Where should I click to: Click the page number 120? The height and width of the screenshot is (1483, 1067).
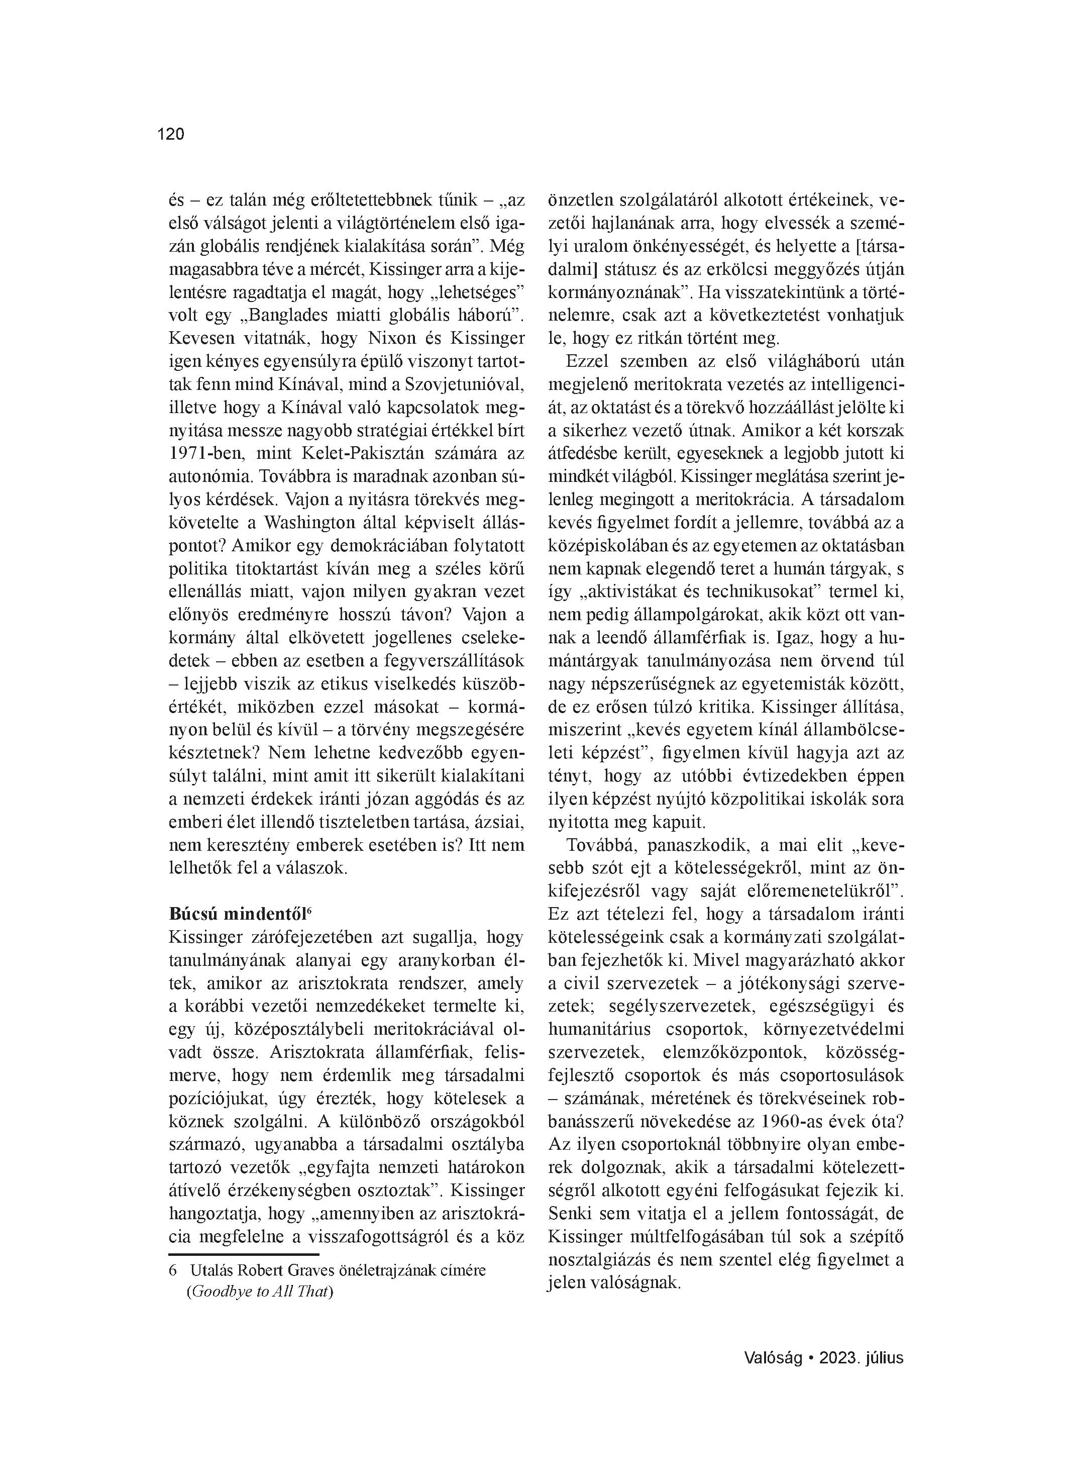pyautogui.click(x=171, y=134)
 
